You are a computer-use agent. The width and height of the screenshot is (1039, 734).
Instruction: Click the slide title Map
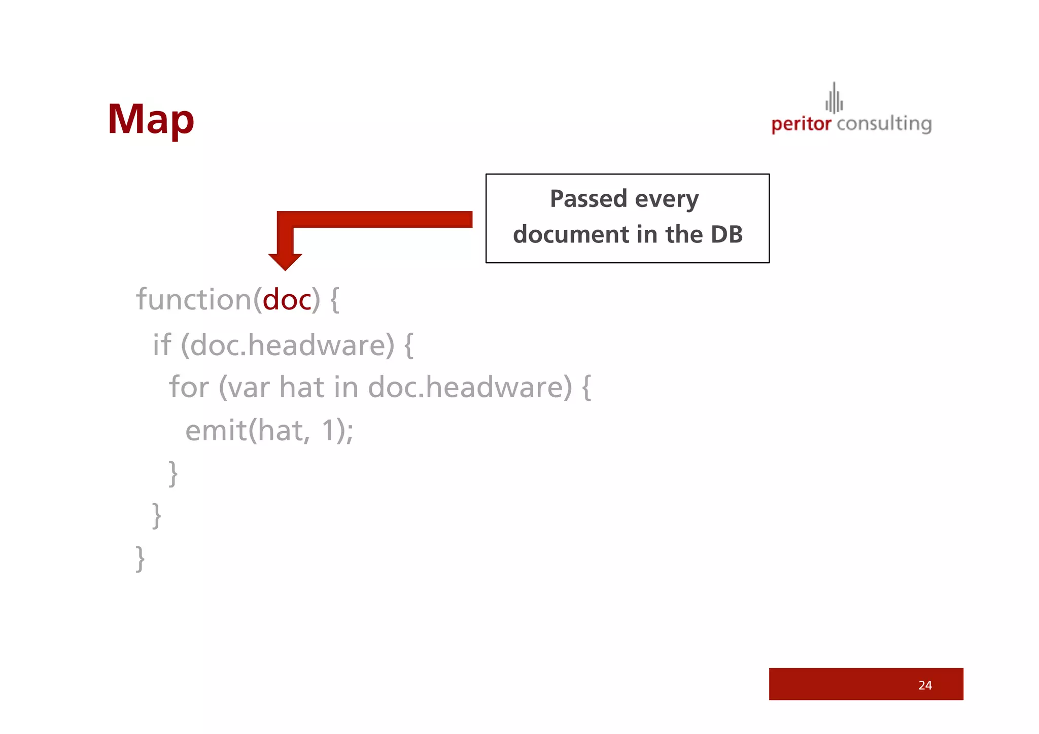tap(151, 120)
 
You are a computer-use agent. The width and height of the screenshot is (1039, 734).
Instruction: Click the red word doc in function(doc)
tap(287, 300)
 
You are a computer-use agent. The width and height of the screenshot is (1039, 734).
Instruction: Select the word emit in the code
tap(216, 431)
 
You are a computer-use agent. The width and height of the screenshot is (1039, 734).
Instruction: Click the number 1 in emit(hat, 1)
tap(328, 431)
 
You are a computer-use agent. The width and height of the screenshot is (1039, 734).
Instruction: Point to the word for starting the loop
tap(189, 387)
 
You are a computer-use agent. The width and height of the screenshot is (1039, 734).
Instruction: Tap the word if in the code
tap(162, 345)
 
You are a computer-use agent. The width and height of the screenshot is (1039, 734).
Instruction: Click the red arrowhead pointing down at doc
tap(285, 261)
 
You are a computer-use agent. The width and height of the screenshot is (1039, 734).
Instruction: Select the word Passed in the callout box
tap(588, 199)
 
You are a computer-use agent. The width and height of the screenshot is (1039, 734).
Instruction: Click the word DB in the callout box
tap(726, 234)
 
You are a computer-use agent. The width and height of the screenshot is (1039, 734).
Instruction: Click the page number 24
tap(925, 685)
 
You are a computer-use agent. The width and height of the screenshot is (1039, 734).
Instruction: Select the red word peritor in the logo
tap(801, 124)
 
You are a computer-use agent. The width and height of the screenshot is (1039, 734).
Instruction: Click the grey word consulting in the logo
tap(884, 124)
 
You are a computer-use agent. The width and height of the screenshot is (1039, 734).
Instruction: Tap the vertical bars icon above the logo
tap(834, 98)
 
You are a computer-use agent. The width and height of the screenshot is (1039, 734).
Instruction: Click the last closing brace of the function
tap(141, 559)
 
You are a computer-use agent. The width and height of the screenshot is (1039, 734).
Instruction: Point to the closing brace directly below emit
tap(173, 473)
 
